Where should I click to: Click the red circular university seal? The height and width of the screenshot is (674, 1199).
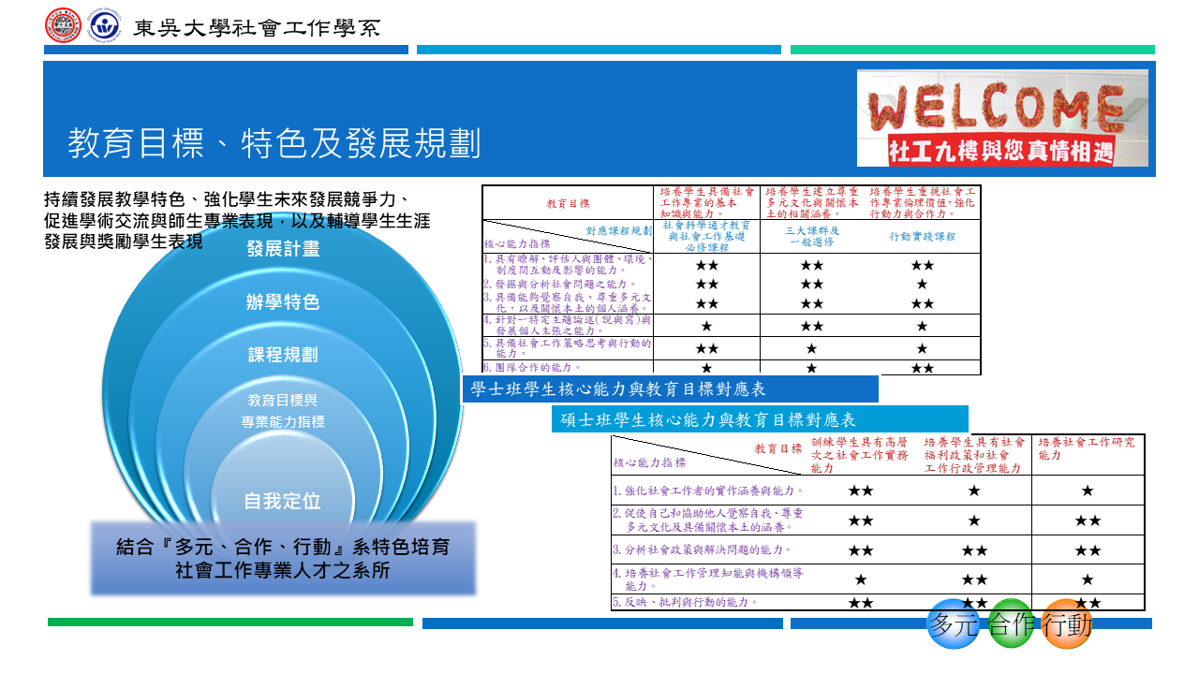pyautogui.click(x=64, y=26)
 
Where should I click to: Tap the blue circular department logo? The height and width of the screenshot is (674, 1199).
pyautogui.click(x=103, y=26)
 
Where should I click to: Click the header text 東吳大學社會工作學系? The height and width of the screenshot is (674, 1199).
pyautogui.click(x=257, y=27)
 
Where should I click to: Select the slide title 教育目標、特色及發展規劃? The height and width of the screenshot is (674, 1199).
pyautogui.click(x=274, y=144)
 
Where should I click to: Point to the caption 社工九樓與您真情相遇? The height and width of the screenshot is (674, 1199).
pyautogui.click(x=1001, y=151)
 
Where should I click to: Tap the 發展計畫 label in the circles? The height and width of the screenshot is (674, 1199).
pyautogui.click(x=283, y=249)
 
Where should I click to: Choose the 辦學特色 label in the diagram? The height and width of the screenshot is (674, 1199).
pyautogui.click(x=283, y=302)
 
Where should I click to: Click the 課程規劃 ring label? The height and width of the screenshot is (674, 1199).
pyautogui.click(x=283, y=356)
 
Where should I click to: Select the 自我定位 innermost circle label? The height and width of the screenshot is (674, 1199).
pyautogui.click(x=283, y=501)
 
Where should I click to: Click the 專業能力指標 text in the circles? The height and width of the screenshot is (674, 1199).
pyautogui.click(x=283, y=422)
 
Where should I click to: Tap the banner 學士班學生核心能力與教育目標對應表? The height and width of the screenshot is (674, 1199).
pyautogui.click(x=618, y=389)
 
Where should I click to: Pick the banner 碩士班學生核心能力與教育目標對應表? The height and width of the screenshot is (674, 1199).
pyautogui.click(x=708, y=420)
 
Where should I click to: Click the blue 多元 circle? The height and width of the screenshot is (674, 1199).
pyautogui.click(x=953, y=623)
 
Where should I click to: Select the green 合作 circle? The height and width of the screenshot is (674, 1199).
pyautogui.click(x=1011, y=623)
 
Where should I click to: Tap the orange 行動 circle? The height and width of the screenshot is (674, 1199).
pyautogui.click(x=1068, y=623)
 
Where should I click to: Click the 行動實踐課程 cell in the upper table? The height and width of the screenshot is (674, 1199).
pyautogui.click(x=923, y=237)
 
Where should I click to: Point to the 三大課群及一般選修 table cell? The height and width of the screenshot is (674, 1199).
pyautogui.click(x=811, y=236)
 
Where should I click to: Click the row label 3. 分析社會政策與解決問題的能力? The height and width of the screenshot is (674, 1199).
pyautogui.click(x=703, y=549)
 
